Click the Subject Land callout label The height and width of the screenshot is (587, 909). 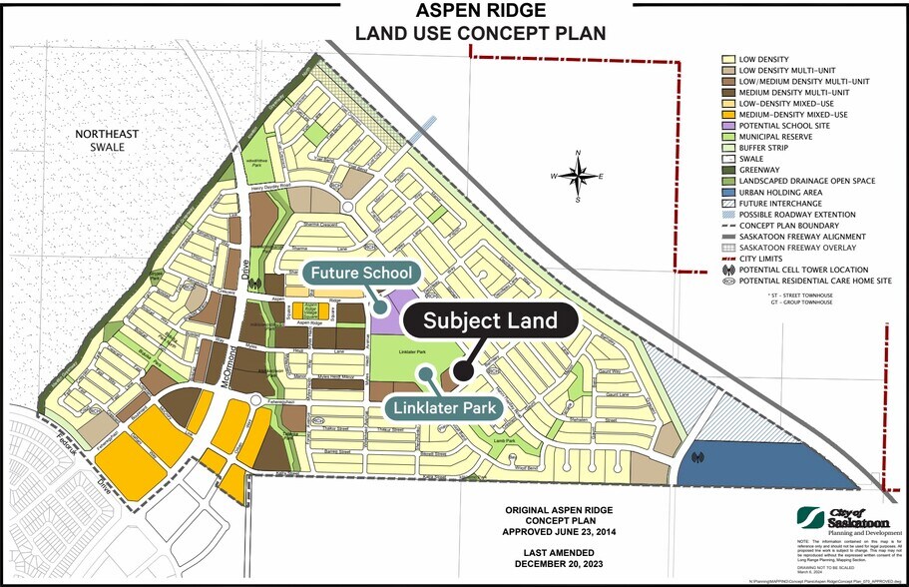[x=488, y=322]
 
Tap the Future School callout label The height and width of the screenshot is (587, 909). [x=361, y=273]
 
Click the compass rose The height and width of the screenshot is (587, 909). [x=578, y=176]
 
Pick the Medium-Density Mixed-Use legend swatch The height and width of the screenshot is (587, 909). [x=729, y=114]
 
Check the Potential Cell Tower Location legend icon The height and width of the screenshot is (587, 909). [x=729, y=269]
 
